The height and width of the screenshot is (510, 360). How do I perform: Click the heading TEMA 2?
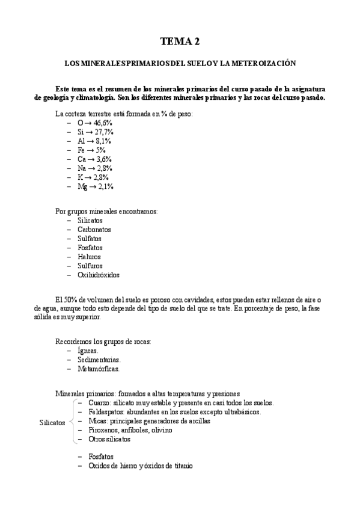(180, 41)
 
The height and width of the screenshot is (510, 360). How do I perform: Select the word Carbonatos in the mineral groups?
(94, 229)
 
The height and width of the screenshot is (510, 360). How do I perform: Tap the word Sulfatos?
(90, 238)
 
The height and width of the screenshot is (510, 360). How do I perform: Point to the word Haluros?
(89, 257)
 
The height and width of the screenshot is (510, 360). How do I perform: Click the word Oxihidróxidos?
(99, 275)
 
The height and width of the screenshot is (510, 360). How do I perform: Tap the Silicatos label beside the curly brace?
(52, 423)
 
